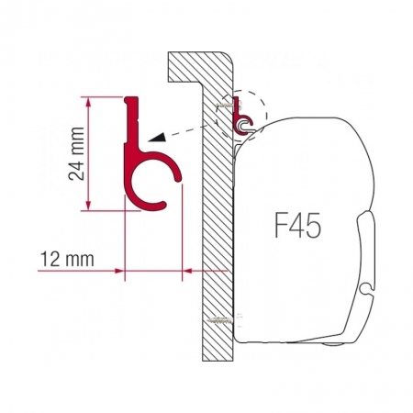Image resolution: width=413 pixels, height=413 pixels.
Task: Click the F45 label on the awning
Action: point(298,225)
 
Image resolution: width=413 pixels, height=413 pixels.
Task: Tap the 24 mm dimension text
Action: point(76,153)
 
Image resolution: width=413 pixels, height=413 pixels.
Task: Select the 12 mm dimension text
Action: point(67,259)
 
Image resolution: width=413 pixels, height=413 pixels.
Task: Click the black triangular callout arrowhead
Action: point(157,138)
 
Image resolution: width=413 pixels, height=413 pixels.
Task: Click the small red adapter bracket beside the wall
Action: point(242,116)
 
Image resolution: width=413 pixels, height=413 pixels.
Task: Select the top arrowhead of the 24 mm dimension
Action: point(88,102)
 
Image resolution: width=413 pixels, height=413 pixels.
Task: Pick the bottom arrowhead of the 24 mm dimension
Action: point(88,206)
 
